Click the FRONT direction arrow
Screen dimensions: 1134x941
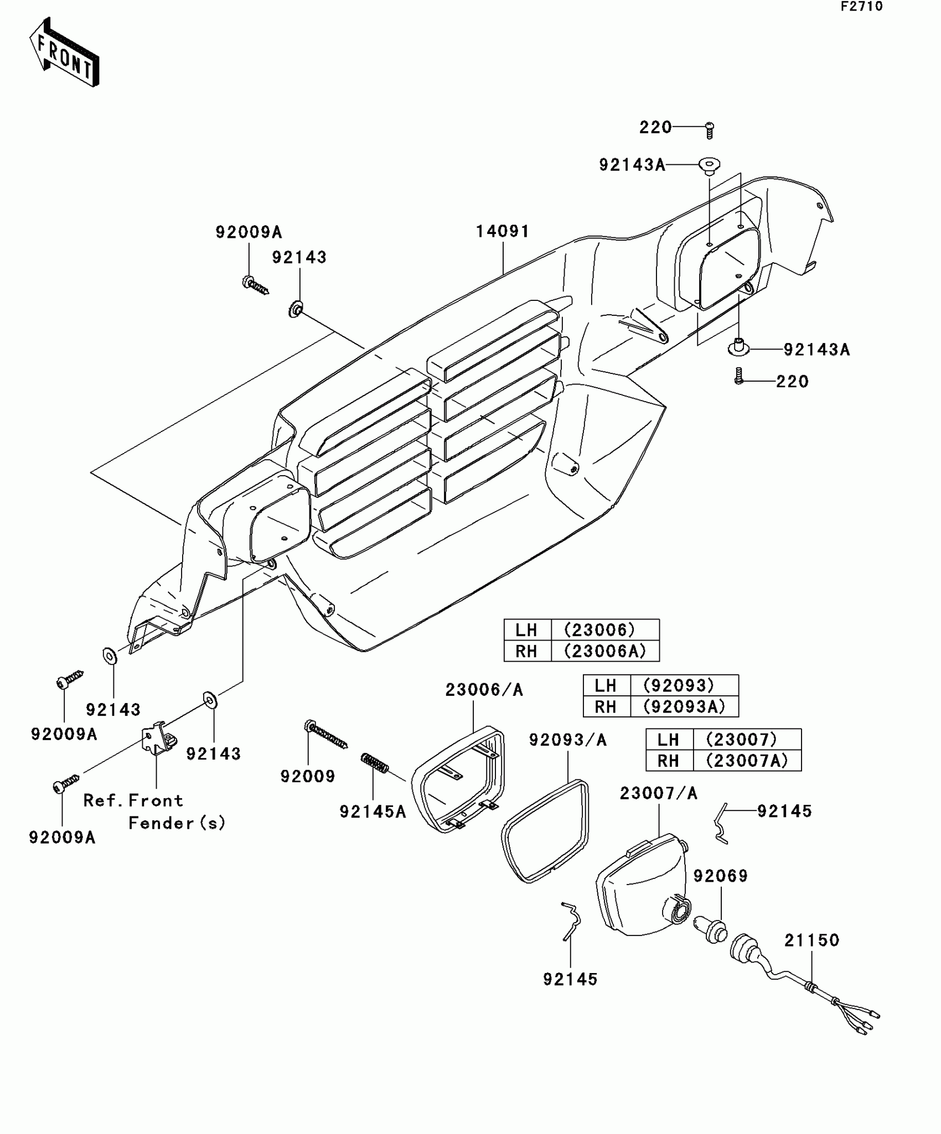[64, 53]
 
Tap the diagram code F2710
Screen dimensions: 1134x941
[861, 7]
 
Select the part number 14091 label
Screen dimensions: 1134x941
[503, 231]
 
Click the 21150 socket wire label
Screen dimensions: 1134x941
[812, 940]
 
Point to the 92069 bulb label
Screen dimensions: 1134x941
[721, 876]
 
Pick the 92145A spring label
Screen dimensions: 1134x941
[373, 812]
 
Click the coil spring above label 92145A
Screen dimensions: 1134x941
[375, 763]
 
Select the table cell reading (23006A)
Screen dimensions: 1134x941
[605, 651]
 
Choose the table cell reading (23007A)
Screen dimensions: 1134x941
[747, 761]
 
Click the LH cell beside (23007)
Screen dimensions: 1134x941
[669, 740]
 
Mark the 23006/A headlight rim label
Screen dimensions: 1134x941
[484, 690]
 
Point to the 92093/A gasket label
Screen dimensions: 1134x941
[568, 740]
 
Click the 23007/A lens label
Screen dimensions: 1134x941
[658, 793]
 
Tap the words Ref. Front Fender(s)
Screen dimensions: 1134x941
[155, 812]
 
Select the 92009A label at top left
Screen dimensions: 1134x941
[249, 232]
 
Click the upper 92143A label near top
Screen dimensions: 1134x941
[632, 165]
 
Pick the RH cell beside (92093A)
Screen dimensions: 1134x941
[606, 706]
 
